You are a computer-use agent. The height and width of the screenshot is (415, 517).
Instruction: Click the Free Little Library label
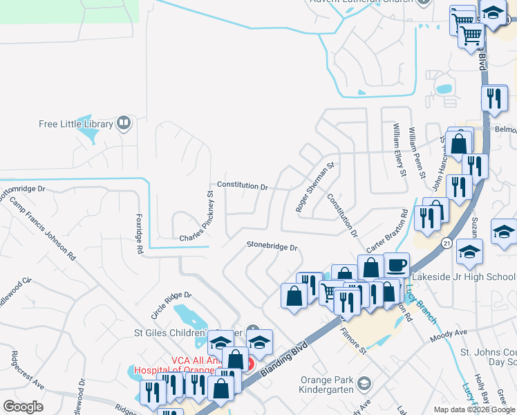point(75,124)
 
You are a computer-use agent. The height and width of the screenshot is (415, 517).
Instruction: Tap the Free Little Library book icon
point(124,123)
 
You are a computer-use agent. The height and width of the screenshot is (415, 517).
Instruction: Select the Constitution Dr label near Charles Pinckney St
point(242,185)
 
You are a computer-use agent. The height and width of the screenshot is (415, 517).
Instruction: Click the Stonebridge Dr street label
point(272,246)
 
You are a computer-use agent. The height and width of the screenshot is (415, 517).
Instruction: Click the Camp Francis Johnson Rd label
point(42,226)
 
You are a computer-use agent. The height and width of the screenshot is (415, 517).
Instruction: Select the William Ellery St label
point(398,149)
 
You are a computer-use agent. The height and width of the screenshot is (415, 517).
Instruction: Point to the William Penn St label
point(416,152)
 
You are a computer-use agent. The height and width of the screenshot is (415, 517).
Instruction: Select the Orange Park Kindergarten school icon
point(364,382)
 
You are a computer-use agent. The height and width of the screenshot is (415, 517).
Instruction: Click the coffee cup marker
point(397,265)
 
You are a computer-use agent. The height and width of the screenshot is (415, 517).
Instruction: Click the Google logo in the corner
point(23,406)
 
